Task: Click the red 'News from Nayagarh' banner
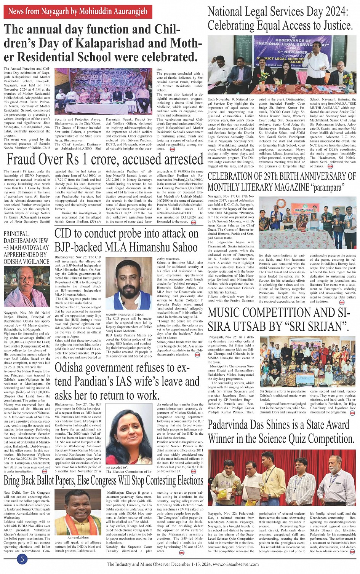click(78, 12)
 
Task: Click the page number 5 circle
click(22, 559)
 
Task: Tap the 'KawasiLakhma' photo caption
click(78, 537)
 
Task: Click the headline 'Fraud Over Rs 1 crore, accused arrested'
click(105, 159)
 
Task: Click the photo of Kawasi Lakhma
click(78, 512)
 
